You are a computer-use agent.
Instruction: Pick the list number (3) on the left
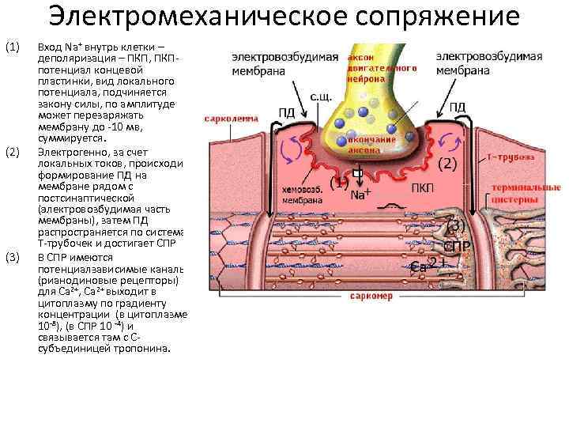click(11, 258)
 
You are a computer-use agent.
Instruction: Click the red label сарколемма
click(231, 119)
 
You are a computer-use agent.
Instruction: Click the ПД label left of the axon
click(286, 111)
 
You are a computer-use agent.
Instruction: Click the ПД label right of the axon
click(458, 107)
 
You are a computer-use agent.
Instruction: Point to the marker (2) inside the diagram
click(447, 164)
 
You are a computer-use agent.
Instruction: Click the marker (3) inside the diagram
click(457, 225)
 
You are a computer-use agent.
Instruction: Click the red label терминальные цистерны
click(525, 194)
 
